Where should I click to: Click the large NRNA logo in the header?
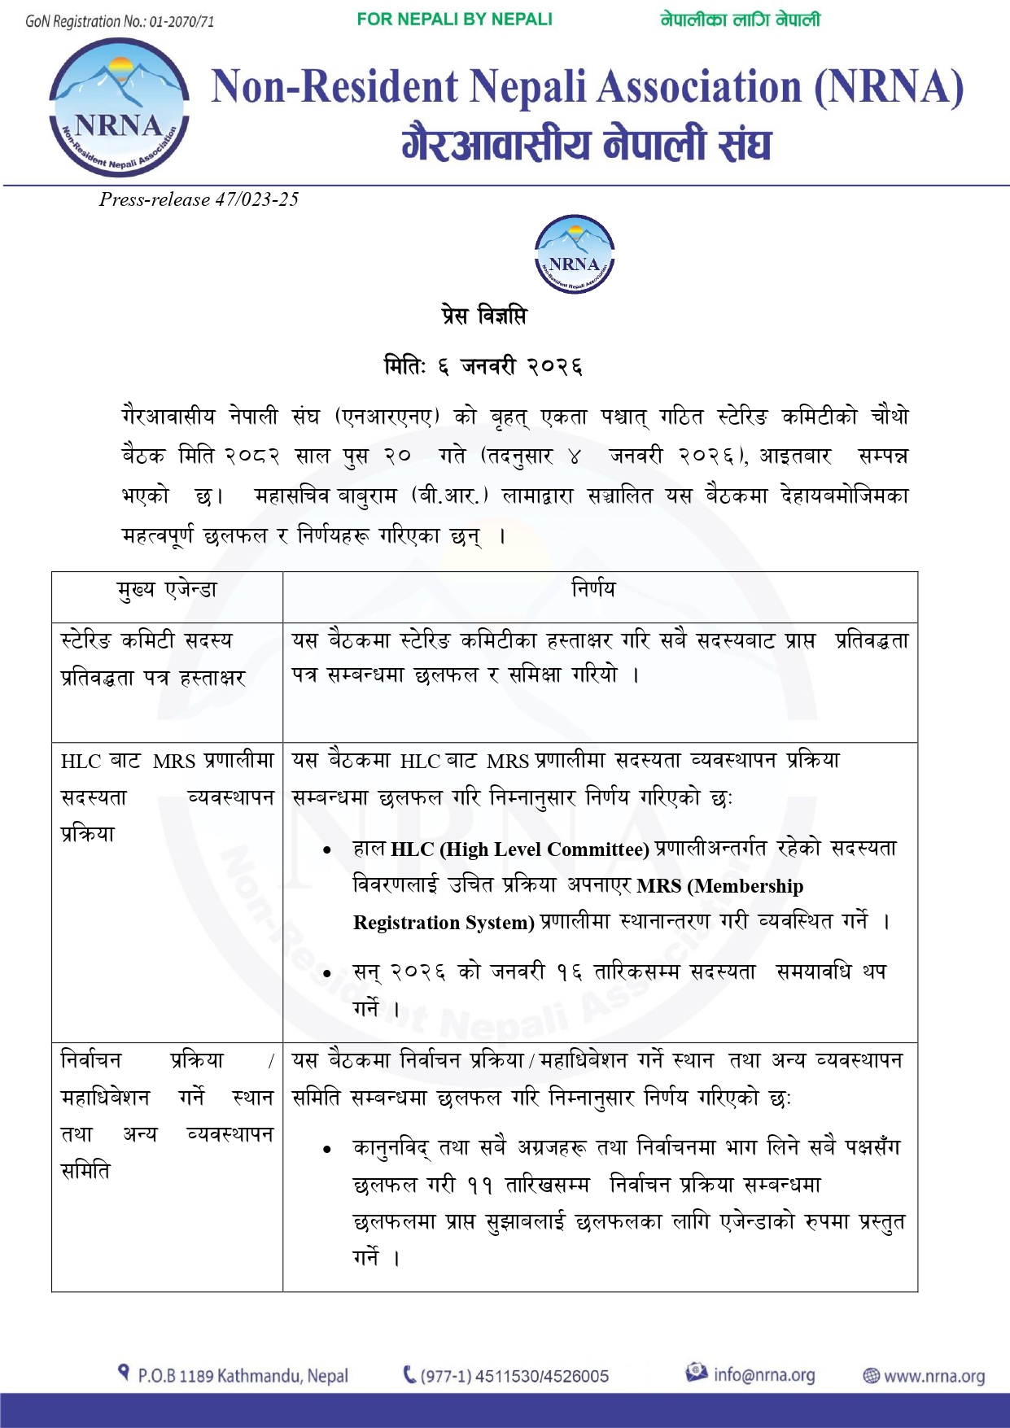[x=119, y=107]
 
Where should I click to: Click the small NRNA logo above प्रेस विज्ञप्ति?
[x=574, y=255]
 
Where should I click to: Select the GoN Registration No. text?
[x=120, y=22]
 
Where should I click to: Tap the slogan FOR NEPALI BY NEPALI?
[x=454, y=20]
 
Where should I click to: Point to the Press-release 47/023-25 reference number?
[x=199, y=199]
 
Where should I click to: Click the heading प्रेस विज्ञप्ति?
[x=484, y=315]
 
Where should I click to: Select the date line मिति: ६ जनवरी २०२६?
[x=483, y=366]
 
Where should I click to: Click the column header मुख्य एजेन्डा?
[x=167, y=590]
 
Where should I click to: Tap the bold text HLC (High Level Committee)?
[x=519, y=849]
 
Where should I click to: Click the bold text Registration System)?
[x=444, y=923]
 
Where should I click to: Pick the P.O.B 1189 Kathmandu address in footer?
[x=243, y=1376]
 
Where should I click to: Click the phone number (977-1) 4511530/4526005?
[x=514, y=1376]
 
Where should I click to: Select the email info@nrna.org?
[x=763, y=1375]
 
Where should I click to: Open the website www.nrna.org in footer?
[x=933, y=1376]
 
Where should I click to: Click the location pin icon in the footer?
[x=124, y=1373]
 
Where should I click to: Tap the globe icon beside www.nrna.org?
[x=871, y=1376]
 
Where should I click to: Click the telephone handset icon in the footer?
[x=409, y=1375]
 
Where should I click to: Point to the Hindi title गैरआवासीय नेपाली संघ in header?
[x=586, y=144]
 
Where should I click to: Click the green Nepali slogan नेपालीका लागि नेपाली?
[x=740, y=20]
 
